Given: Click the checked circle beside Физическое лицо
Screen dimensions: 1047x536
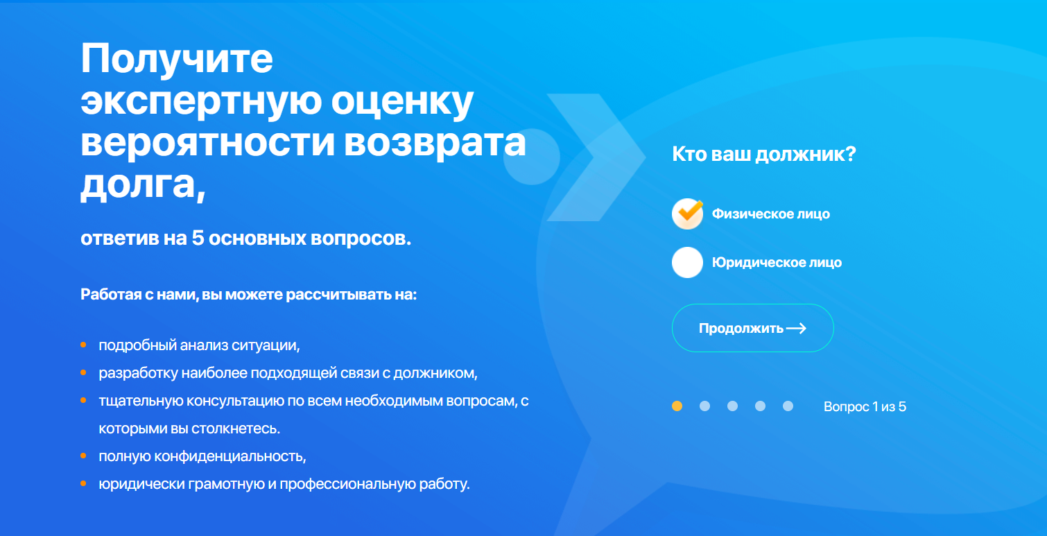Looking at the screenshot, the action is point(687,214).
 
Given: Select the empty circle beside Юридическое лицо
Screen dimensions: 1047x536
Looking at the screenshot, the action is point(687,263).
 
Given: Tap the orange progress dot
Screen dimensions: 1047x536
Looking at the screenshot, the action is point(677,406).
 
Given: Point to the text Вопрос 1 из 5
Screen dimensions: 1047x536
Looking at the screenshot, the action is point(865,406).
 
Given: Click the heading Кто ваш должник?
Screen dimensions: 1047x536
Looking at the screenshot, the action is point(763,154).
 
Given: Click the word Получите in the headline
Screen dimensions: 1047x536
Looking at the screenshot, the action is point(177,59).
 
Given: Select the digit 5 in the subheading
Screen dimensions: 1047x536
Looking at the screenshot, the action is point(198,239).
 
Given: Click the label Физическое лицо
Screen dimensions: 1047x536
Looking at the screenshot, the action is point(771,214).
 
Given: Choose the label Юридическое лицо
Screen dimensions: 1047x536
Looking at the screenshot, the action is point(777,263).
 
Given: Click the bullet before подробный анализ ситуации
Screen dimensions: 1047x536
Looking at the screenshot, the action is point(83,345).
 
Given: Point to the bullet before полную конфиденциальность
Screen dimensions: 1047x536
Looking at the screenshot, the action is point(83,456).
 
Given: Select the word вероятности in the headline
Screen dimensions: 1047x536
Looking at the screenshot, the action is point(208,142).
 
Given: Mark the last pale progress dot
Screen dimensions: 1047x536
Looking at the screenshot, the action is point(788,406).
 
